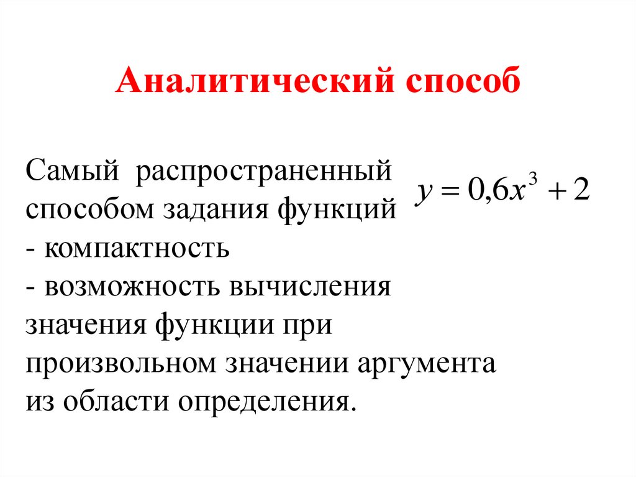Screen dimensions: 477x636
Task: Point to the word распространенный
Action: (x=265, y=171)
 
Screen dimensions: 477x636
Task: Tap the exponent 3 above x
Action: (x=534, y=178)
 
